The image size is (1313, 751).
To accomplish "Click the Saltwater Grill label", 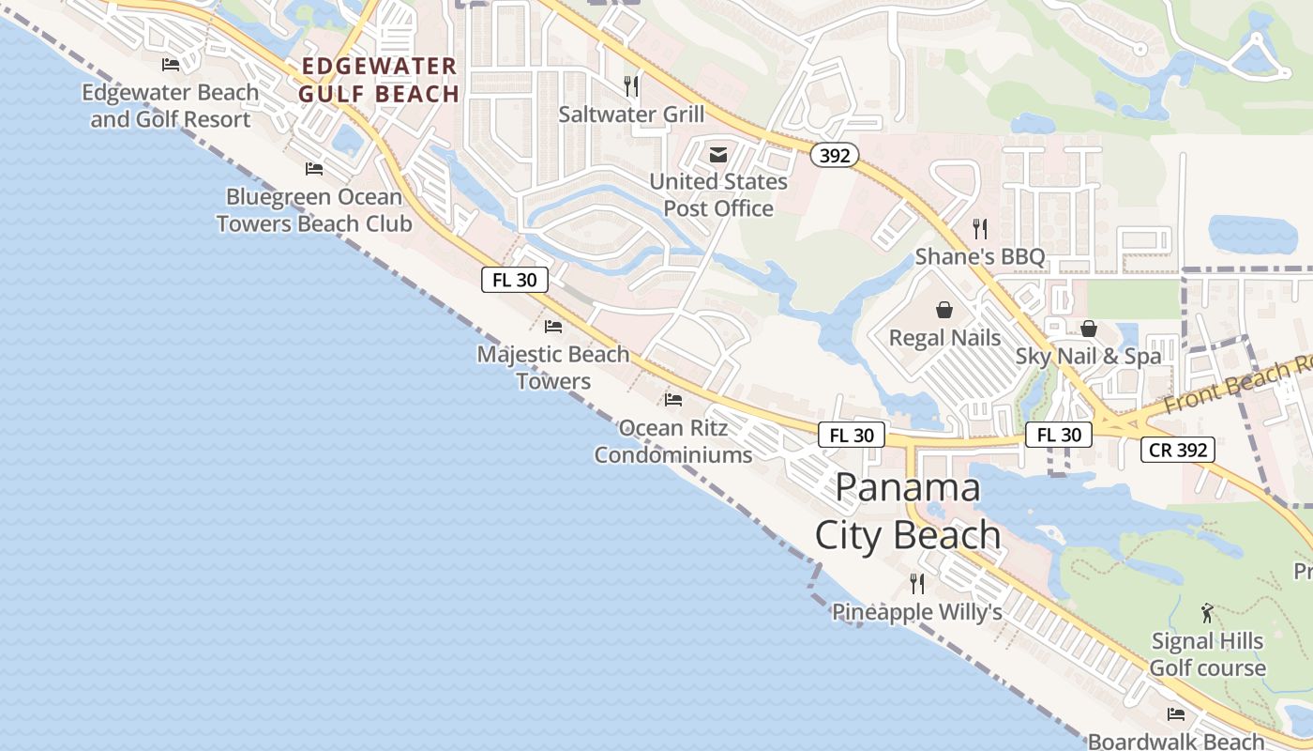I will coord(631,115).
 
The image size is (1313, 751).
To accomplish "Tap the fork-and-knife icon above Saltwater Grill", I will coord(631,86).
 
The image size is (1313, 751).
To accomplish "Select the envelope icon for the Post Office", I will coord(718,155).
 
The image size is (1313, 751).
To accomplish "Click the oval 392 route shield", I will coord(834,156).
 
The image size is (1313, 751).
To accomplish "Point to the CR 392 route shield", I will coord(1178,450).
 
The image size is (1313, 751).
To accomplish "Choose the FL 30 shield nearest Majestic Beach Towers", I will coord(515,280).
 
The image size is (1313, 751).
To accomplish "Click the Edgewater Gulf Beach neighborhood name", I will coord(379,80).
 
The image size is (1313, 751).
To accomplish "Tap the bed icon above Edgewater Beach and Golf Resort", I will coord(171,65).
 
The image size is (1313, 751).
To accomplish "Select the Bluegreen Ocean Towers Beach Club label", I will coord(314,210).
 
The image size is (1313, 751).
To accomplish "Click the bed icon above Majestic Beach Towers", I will coord(553,327).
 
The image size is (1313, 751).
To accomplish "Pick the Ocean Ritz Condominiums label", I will coord(673,441).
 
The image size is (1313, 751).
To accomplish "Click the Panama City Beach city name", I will coord(908,512).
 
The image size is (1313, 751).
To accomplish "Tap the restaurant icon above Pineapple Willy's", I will coord(917,584).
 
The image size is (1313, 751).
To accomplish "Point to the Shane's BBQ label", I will coord(980,256).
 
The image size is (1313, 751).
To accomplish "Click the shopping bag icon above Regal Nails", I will coord(944,309).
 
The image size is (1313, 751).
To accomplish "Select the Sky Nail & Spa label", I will coord(1088,356).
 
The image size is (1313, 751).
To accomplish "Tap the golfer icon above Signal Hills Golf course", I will coord(1207,614).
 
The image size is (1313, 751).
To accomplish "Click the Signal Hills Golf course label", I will coord(1207,654).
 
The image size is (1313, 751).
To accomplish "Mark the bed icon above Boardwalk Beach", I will coord(1176,714).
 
